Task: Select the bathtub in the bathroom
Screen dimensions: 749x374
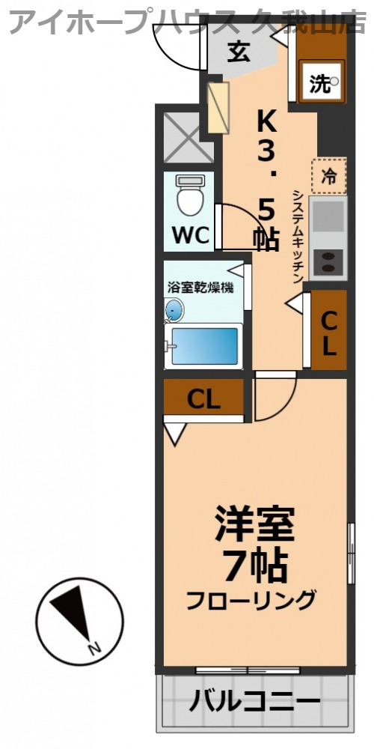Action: [203, 346]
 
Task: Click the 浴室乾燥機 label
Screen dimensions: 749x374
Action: [200, 287]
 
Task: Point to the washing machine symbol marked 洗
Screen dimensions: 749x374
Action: [323, 84]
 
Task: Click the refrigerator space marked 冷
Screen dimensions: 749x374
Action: [329, 177]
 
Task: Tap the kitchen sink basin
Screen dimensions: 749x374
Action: [328, 216]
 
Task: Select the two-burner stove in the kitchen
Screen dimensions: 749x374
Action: [328, 261]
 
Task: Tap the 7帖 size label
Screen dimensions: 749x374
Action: [255, 565]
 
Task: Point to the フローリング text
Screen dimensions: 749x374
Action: [251, 600]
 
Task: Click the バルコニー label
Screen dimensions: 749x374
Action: [254, 703]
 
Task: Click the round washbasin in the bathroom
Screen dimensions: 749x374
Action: [174, 309]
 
